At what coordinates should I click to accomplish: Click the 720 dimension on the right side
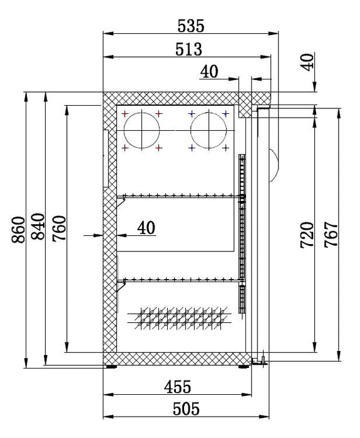point(307,235)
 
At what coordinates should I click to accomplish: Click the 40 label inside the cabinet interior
point(145,228)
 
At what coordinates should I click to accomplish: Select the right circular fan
point(207,131)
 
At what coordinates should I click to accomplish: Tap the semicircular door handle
point(272,165)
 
